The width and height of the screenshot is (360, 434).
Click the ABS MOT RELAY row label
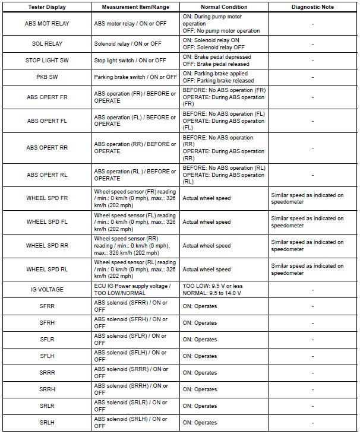[46, 24]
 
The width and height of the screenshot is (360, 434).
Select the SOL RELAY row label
[46, 44]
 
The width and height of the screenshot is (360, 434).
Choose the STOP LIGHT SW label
[46, 61]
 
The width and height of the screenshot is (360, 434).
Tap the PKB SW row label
[46, 77]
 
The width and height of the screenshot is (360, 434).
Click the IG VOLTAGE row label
[46, 290]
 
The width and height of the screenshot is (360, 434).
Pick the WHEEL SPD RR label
[46, 246]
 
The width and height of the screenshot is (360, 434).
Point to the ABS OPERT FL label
[46, 121]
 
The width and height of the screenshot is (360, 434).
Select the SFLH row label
[46, 356]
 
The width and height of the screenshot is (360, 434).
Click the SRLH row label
[46, 423]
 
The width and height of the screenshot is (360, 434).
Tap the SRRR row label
[46, 373]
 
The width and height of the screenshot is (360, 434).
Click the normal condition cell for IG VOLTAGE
[223, 290]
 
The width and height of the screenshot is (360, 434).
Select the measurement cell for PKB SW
[135, 77]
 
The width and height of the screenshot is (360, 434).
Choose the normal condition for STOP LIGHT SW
[223, 61]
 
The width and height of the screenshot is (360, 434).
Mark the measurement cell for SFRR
[135, 306]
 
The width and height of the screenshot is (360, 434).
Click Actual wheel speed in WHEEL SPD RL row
[207, 270]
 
